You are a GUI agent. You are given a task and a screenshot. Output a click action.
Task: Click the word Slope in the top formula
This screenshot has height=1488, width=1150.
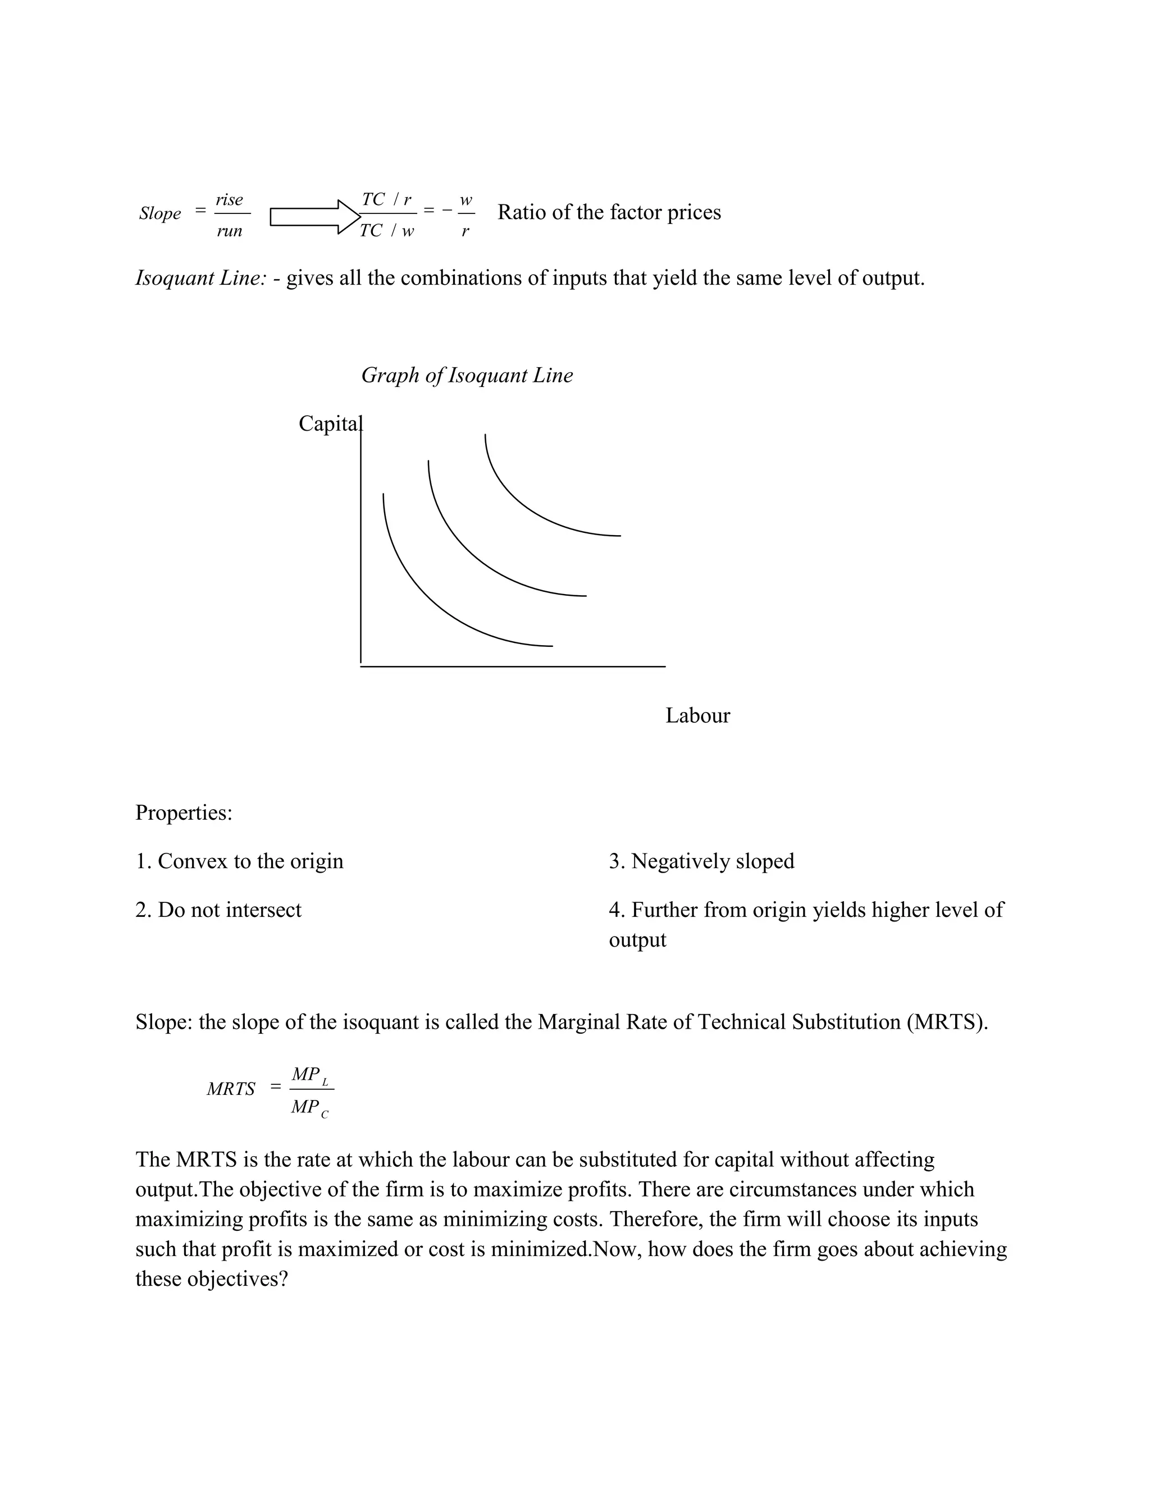coord(160,213)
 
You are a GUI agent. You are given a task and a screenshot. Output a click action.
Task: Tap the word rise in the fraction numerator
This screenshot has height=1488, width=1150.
coord(229,200)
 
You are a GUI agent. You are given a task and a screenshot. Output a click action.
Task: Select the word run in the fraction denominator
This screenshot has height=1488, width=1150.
coord(229,231)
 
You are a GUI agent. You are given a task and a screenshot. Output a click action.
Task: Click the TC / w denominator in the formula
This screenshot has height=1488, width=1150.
coord(386,231)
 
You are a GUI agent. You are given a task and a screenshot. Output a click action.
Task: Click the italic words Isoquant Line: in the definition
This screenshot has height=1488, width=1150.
coord(201,278)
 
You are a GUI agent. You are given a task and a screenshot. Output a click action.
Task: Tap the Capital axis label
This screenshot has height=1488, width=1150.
coord(330,424)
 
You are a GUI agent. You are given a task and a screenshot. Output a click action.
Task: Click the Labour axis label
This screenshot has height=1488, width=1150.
coord(697,715)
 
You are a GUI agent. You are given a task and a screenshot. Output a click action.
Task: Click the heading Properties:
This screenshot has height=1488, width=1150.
coord(184,813)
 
